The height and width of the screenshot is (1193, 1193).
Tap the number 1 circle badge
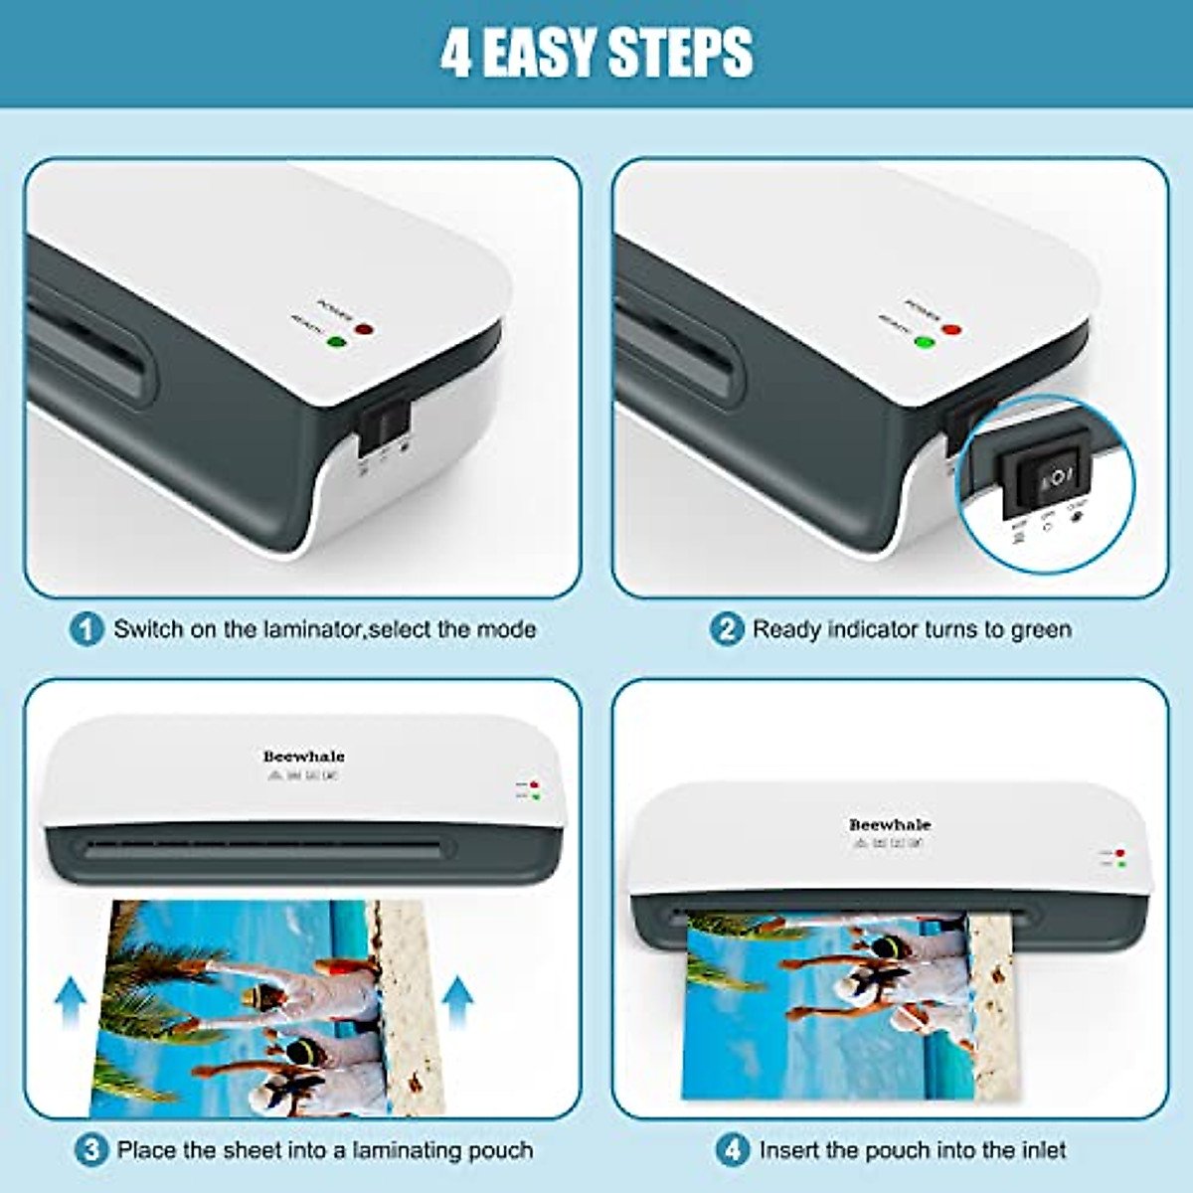coord(86,629)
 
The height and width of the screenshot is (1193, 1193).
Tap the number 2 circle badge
coord(727,629)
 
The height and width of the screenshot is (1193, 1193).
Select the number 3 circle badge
coord(90,1150)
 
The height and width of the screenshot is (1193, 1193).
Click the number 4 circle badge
coord(733,1150)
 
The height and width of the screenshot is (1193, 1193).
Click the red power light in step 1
coord(364,329)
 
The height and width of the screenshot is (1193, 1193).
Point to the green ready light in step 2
coord(925,344)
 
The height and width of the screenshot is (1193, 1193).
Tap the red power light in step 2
coord(952,329)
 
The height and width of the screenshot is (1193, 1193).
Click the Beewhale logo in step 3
coord(303,757)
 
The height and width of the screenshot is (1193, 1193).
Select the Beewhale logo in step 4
coord(890,824)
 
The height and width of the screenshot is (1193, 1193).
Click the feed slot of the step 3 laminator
coord(263,850)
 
